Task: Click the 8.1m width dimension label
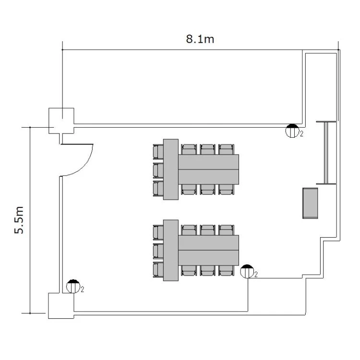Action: click(200, 39)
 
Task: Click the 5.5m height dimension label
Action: click(19, 220)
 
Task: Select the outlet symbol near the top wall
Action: click(292, 131)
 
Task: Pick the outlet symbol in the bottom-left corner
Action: click(73, 286)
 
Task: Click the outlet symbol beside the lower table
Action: click(247, 271)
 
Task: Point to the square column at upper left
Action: click(61, 121)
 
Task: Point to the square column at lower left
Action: click(61, 306)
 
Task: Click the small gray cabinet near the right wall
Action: click(310, 203)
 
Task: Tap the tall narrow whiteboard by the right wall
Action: click(326, 153)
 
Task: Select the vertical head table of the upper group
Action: click(171, 169)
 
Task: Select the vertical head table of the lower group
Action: click(171, 250)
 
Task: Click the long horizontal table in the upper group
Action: click(208, 169)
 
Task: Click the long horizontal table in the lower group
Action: click(208, 250)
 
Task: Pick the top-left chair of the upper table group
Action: click(158, 152)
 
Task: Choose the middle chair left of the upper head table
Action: click(158, 170)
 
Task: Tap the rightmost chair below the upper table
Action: click(227, 190)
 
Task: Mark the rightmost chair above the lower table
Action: click(227, 230)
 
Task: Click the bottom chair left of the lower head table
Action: click(158, 270)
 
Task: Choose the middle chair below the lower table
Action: click(207, 271)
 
